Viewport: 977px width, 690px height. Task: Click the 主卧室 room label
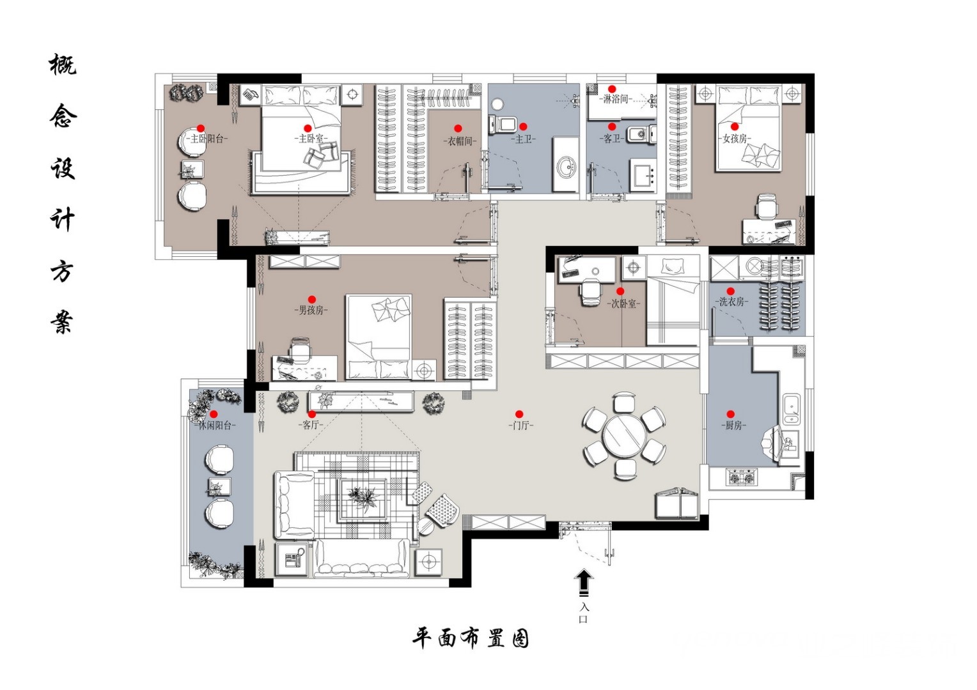(311, 139)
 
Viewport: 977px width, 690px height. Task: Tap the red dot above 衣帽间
(458, 128)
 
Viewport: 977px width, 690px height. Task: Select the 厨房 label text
(733, 425)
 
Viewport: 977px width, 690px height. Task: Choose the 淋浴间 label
(616, 100)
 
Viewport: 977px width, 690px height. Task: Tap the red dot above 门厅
(519, 414)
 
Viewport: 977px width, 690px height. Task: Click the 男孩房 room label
(311, 310)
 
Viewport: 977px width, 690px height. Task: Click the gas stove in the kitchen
(742, 477)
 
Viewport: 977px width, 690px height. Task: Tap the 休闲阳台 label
(214, 425)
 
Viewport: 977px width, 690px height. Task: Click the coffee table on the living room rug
(363, 498)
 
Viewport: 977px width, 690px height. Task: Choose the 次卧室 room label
(623, 303)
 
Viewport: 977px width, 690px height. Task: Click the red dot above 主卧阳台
(201, 128)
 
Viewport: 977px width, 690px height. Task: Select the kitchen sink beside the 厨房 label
(791, 409)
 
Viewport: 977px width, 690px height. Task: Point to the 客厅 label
(311, 425)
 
